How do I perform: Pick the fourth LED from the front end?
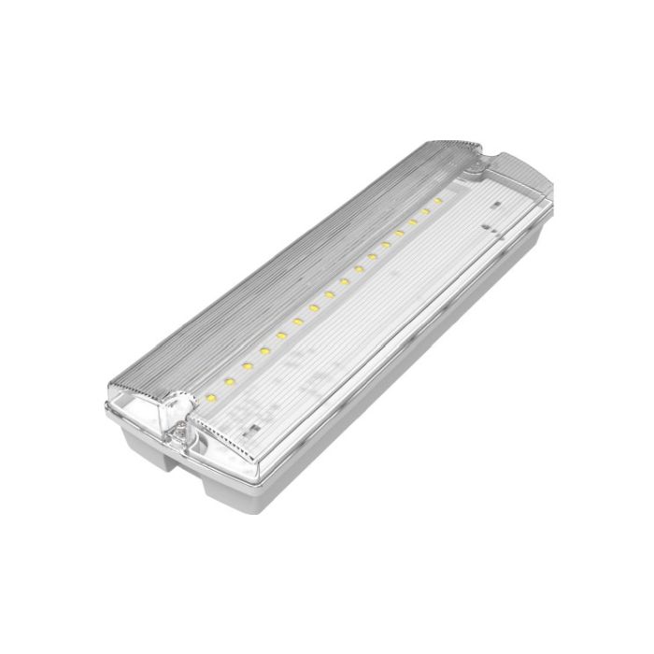click(266, 350)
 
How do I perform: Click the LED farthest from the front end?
click(438, 200)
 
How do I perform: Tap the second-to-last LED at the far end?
click(424, 211)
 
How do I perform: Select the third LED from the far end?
click(411, 221)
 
